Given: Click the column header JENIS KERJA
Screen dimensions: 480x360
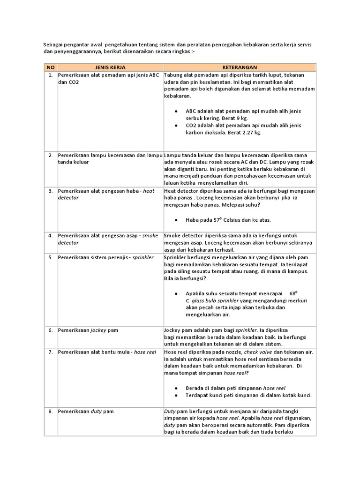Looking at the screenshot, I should pyautogui.click(x=110, y=67).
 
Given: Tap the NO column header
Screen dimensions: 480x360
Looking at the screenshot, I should pyautogui.click(x=50, y=67).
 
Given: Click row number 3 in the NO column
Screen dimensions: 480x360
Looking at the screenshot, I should pyautogui.click(x=50, y=191).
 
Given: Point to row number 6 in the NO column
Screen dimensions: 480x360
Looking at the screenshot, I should pyautogui.click(x=50, y=330).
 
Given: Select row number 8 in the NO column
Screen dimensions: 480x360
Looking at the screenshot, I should pyautogui.click(x=50, y=412).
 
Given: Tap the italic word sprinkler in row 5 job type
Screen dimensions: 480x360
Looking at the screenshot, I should pyautogui.click(x=142, y=258).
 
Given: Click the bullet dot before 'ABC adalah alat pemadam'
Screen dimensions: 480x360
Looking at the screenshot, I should pyautogui.click(x=175, y=111).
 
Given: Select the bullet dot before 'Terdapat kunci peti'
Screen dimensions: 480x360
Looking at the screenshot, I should pyautogui.click(x=175, y=395).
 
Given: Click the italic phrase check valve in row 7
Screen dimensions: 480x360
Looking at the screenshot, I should pyautogui.click(x=255, y=352).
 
